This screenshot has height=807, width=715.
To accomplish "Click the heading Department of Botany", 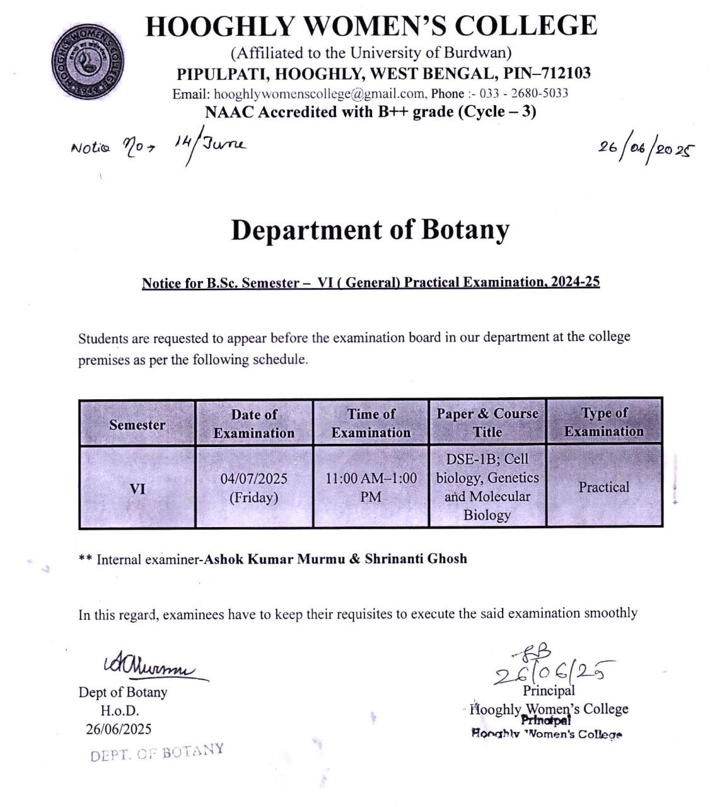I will (x=370, y=230).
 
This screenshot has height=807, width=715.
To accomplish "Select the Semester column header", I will (x=137, y=424).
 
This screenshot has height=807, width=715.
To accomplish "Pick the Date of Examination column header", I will (x=253, y=424).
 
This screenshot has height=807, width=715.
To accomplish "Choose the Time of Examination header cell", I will (x=371, y=423).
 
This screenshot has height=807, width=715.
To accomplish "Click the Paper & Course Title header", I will (x=487, y=422).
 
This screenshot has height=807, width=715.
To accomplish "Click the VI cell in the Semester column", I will (x=137, y=487).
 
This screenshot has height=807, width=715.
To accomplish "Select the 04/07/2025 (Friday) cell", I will (x=253, y=487).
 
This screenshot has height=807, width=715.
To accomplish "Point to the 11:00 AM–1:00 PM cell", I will (x=371, y=487).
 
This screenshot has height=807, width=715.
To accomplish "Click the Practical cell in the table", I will (x=604, y=487).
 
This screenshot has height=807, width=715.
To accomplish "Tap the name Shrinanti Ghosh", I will (x=416, y=559).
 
